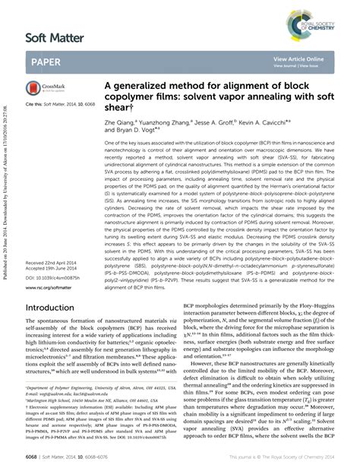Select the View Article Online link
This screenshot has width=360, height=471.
(x=298, y=57)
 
